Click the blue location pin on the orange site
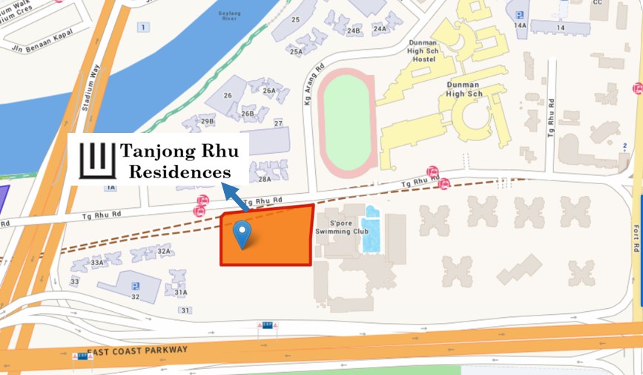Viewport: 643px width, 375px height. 242,234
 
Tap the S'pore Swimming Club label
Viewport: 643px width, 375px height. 337,226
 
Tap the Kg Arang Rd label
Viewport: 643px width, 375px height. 308,86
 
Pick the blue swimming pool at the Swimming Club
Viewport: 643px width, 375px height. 372,232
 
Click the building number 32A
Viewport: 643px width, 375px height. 164,251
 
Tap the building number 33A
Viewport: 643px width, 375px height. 97,262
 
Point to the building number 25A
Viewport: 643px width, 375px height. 296,52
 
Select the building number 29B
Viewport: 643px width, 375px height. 207,120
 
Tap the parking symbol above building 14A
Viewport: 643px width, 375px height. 519,14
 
